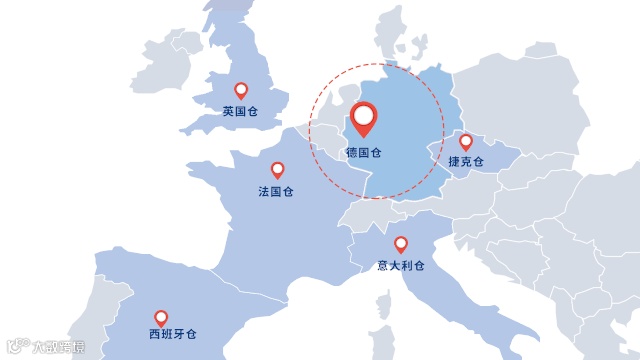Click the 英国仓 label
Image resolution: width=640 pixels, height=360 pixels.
(240, 112)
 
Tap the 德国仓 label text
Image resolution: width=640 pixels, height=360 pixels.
(363, 154)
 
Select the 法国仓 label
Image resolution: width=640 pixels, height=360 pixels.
(276, 191)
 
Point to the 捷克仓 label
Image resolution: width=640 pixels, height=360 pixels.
(466, 162)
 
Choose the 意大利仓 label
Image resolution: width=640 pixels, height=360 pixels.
(401, 266)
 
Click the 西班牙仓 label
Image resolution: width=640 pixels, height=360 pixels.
(172, 333)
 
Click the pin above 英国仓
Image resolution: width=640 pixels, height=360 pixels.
(240, 90)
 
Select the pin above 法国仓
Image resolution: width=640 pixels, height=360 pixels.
(277, 169)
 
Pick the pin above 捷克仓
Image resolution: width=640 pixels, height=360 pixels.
(465, 141)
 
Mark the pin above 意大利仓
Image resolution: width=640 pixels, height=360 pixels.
(401, 243)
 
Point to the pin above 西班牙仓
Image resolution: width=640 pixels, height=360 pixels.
(161, 317)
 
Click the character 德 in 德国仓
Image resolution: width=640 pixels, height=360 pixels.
(352, 154)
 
